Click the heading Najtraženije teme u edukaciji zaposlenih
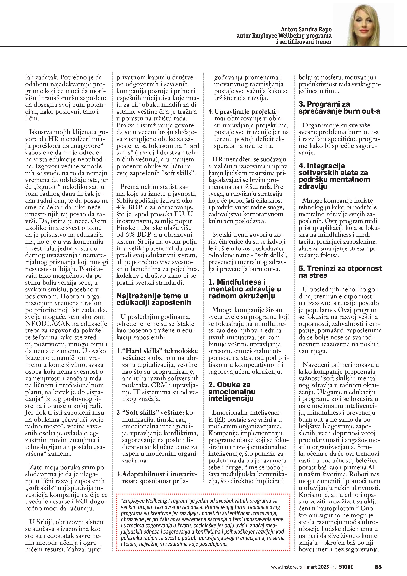pos(154,299)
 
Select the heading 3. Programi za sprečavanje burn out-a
pos(339,107)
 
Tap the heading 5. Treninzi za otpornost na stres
pos(340,272)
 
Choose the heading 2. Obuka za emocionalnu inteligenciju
pos(232,391)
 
